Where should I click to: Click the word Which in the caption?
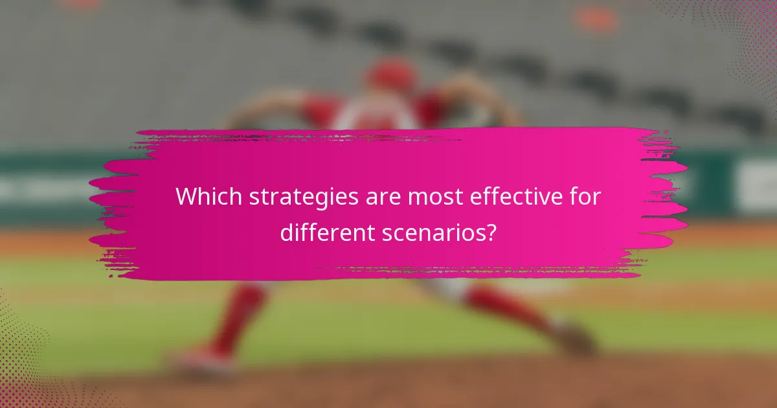tap(201, 196)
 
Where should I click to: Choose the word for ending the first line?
tap(588, 196)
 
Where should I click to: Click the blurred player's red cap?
tap(391, 75)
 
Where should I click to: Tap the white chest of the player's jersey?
tap(376, 117)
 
